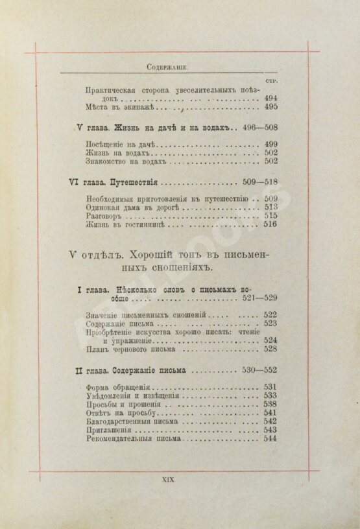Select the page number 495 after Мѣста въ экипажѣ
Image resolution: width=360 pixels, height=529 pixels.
270,107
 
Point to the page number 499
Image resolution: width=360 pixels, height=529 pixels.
270,144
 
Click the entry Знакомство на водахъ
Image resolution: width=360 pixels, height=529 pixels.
117,161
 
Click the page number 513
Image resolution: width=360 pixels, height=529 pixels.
270,207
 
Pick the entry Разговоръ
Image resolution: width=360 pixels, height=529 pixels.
104,217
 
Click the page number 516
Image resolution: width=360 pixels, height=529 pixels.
270,225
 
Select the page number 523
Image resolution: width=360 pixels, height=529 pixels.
270,323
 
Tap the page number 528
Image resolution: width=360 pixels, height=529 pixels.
270,349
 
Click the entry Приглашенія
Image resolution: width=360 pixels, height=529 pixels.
108,430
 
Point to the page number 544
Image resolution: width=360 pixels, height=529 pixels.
270,439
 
